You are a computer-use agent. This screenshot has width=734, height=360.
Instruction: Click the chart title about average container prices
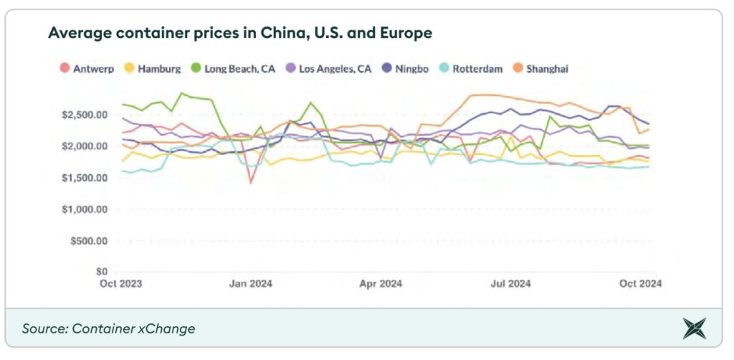(239, 33)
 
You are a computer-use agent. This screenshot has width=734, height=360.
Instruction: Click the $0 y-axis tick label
(101, 272)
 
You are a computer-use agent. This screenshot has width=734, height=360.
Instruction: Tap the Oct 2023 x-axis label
(120, 284)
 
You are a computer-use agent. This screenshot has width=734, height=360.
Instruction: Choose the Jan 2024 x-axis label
(251, 284)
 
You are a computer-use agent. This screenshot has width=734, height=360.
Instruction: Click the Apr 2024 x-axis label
(381, 284)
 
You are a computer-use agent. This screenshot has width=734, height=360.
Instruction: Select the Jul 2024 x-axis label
(510, 284)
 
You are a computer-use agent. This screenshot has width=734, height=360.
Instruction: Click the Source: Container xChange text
(108, 328)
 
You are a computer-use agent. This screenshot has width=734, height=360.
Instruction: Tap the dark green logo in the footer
(694, 328)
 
